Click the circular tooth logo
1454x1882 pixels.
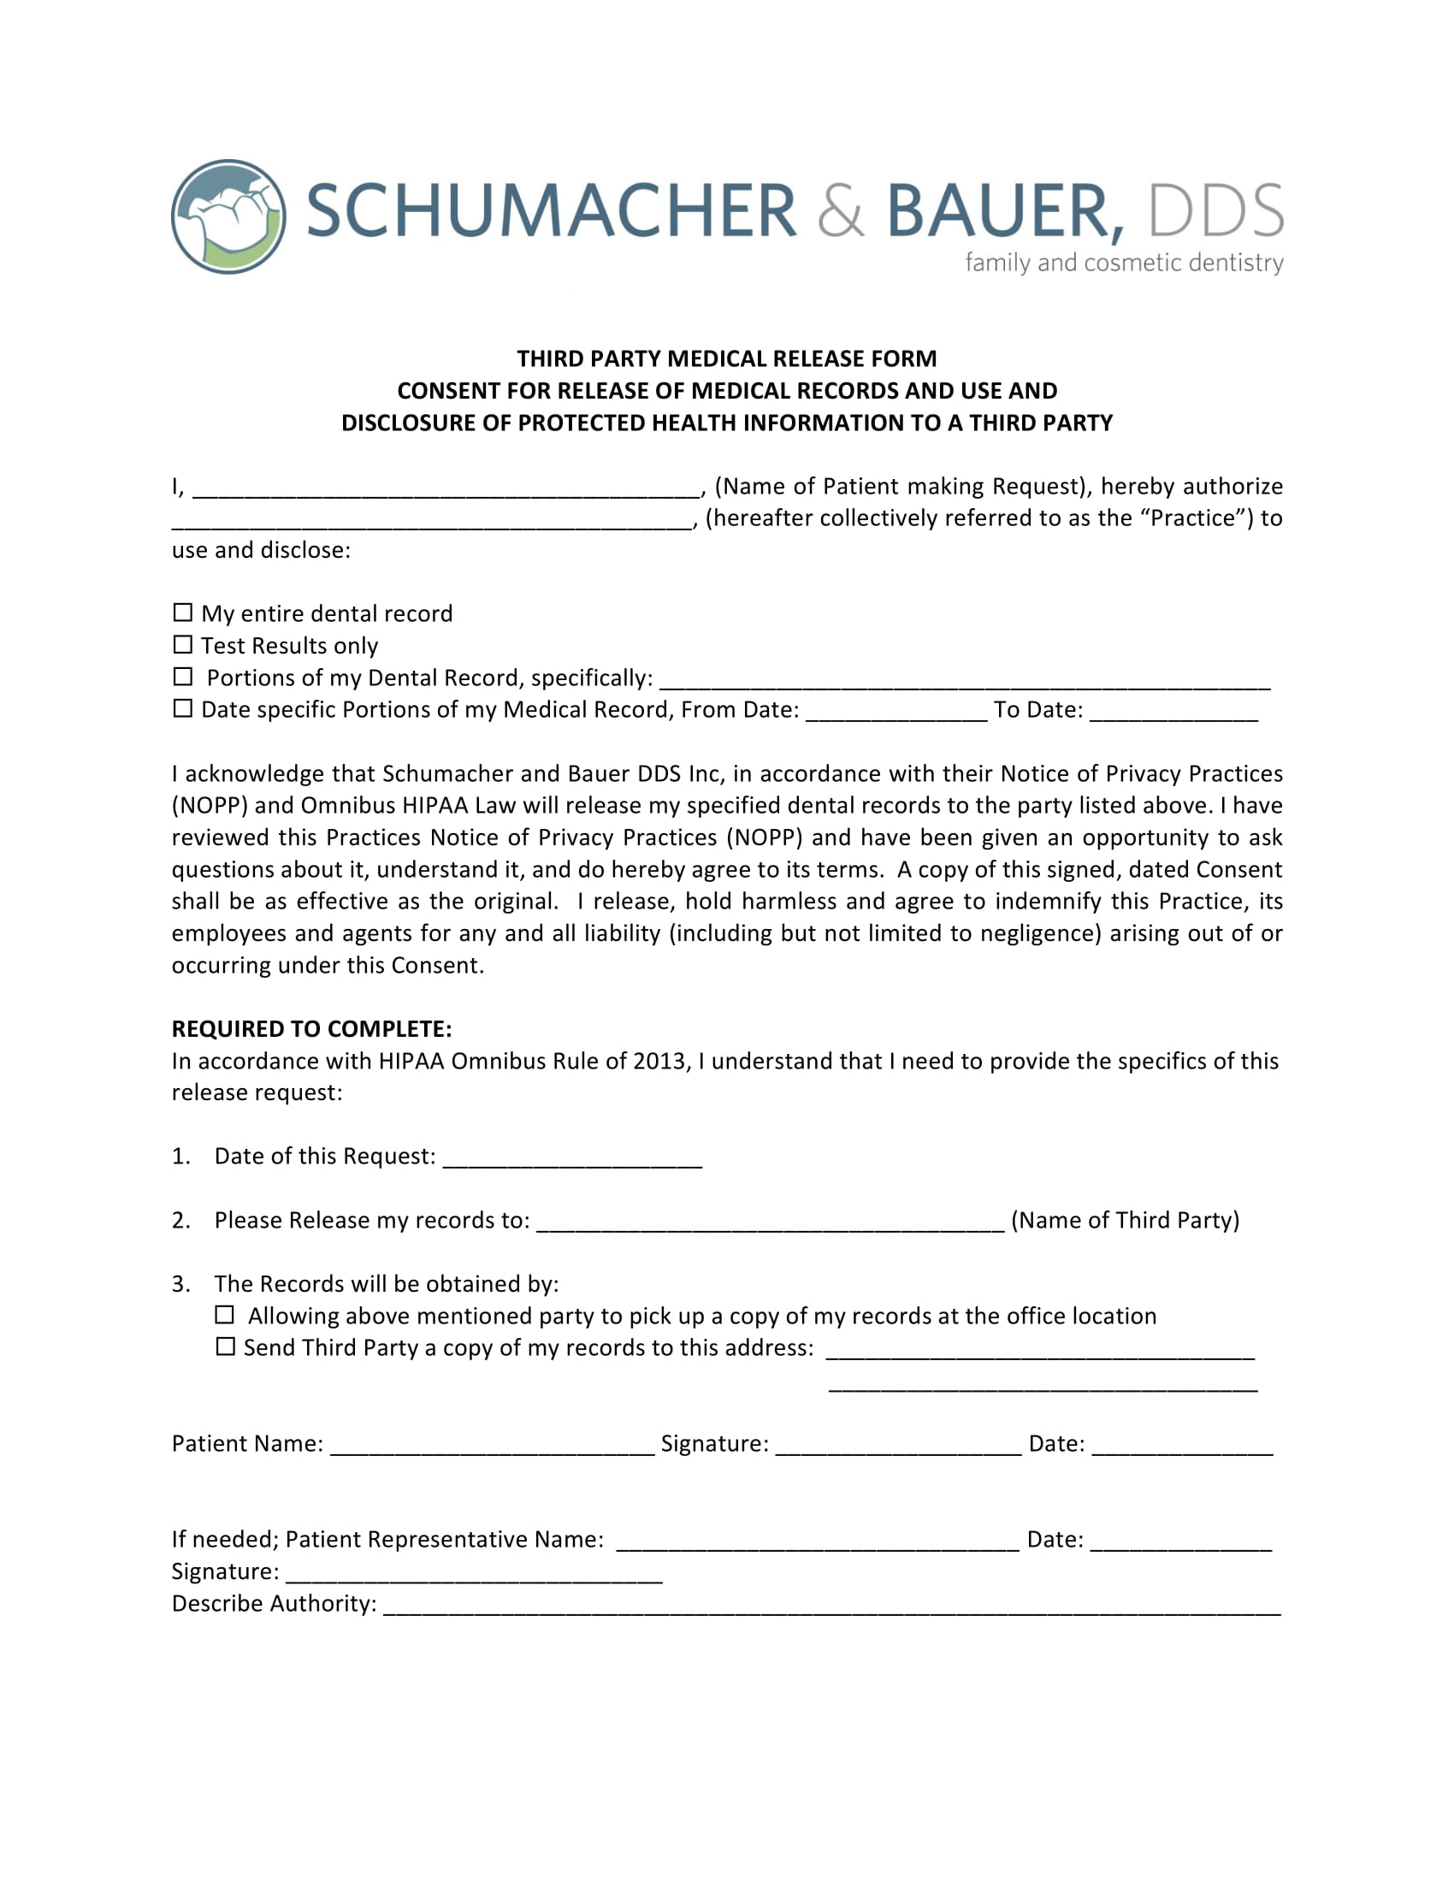228,216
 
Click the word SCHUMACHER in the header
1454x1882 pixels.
552,211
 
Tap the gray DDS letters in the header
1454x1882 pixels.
1215,211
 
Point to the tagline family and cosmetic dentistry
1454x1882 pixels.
1124,262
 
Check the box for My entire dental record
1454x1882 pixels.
183,613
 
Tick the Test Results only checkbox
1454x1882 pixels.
183,644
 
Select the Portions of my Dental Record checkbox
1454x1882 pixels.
183,677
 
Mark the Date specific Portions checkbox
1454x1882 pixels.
183,708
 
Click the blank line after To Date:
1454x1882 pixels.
1173,713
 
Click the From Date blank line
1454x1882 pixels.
895,713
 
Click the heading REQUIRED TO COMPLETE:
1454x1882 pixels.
312,1029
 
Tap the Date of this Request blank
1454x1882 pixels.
572,1160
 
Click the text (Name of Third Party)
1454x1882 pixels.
1125,1220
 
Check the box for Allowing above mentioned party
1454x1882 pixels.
225,1315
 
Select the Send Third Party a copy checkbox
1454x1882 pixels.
225,1346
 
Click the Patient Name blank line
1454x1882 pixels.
492,1447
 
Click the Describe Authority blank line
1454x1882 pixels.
831,1607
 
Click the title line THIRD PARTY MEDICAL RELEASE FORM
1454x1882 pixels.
726,358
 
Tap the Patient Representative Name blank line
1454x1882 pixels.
818,1543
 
